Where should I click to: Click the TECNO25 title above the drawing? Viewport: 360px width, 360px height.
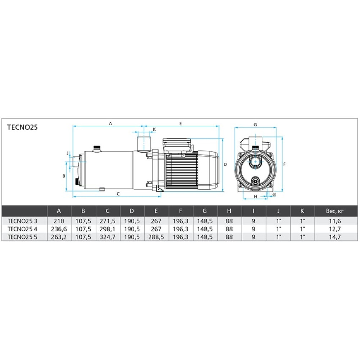point(22,127)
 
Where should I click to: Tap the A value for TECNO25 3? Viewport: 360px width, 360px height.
point(59,221)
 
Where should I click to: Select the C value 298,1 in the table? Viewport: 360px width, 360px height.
point(107,229)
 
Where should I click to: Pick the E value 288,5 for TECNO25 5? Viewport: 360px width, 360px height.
point(156,237)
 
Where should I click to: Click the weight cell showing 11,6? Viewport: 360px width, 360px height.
point(335,221)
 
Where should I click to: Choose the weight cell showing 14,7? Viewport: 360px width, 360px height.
point(335,237)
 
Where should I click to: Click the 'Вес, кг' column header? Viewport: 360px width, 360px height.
point(335,211)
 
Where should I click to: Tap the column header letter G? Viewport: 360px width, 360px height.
point(204,211)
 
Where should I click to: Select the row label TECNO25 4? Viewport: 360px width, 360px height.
point(22,229)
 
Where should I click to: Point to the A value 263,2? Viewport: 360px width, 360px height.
point(59,237)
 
